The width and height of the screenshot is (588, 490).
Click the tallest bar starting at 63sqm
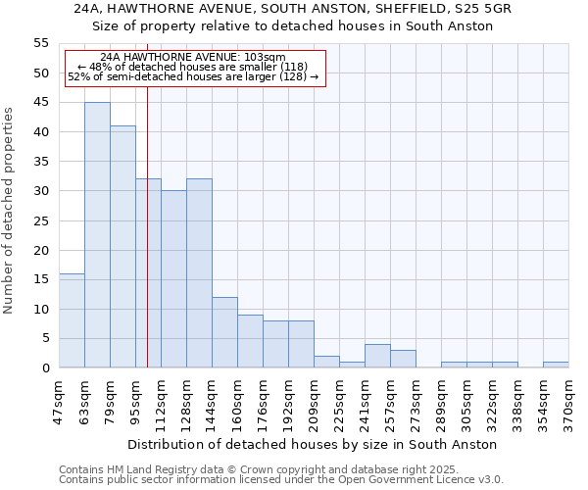[x=97, y=235]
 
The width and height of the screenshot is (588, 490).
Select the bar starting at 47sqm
[x=72, y=320]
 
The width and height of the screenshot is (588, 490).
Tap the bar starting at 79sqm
[x=122, y=247]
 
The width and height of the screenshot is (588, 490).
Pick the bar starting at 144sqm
[x=224, y=332]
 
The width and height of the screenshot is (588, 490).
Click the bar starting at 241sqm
[x=377, y=356]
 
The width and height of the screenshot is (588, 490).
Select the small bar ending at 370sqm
[x=556, y=365]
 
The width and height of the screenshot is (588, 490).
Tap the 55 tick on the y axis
[x=41, y=43]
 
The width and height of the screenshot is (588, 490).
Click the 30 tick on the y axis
[x=41, y=191]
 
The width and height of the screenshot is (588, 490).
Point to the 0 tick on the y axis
[x=45, y=368]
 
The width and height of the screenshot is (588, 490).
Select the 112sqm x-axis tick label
[x=161, y=403]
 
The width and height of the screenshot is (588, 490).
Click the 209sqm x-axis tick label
[x=314, y=403]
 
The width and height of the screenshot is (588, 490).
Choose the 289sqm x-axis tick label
[x=441, y=403]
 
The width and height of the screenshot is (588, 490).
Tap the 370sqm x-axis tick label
[x=568, y=403]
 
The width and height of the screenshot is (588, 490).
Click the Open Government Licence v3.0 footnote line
[x=281, y=479]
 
